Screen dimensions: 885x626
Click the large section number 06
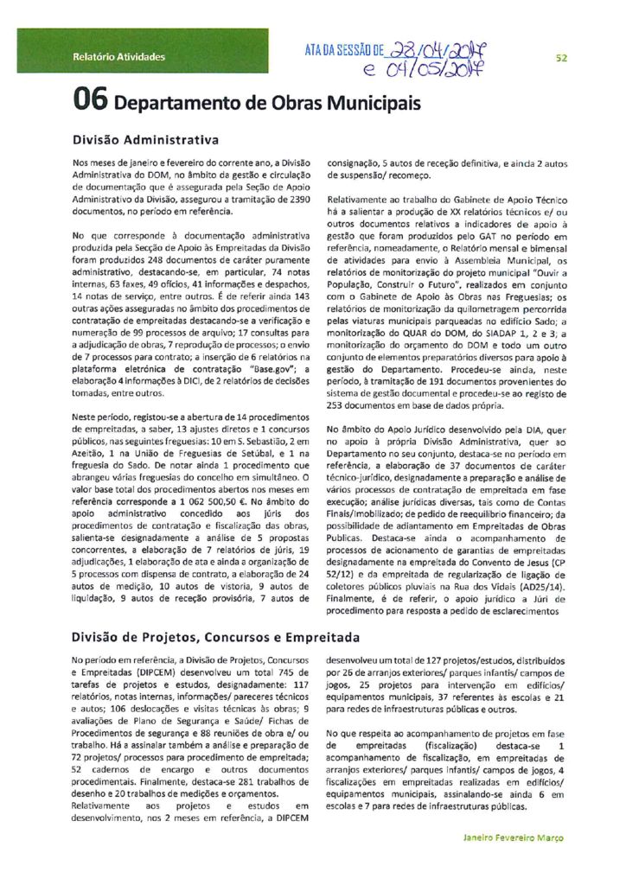pos(90,103)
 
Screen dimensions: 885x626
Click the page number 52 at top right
pos(561,58)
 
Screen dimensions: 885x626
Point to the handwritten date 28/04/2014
pos(438,50)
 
